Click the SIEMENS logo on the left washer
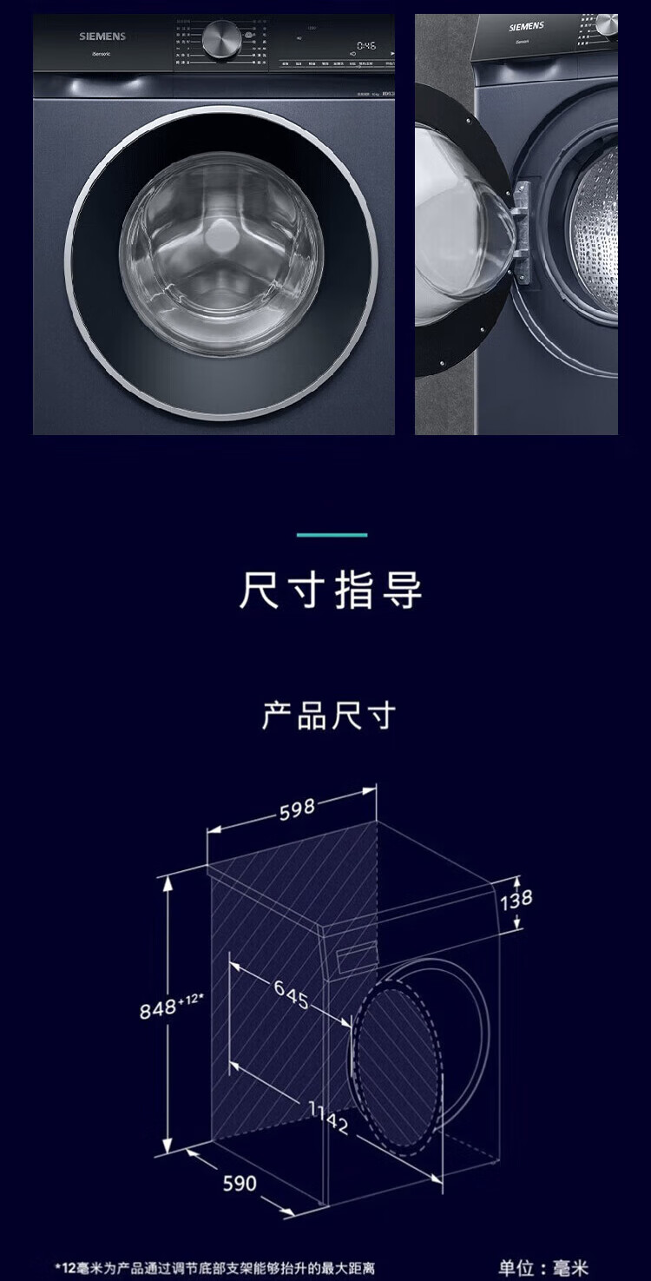tap(102, 36)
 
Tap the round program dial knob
tap(222, 38)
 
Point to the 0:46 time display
tap(365, 44)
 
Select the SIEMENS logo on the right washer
tap(527, 27)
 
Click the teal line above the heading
tap(332, 535)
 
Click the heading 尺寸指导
tap(331, 591)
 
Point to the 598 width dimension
tap(297, 809)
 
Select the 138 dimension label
tap(516, 898)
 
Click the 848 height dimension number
tap(158, 1010)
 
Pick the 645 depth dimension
tap(292, 994)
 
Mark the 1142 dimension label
tap(327, 1117)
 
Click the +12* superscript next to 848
tap(191, 1001)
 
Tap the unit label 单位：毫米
tap(543, 1268)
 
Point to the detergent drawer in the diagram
tap(356, 956)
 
